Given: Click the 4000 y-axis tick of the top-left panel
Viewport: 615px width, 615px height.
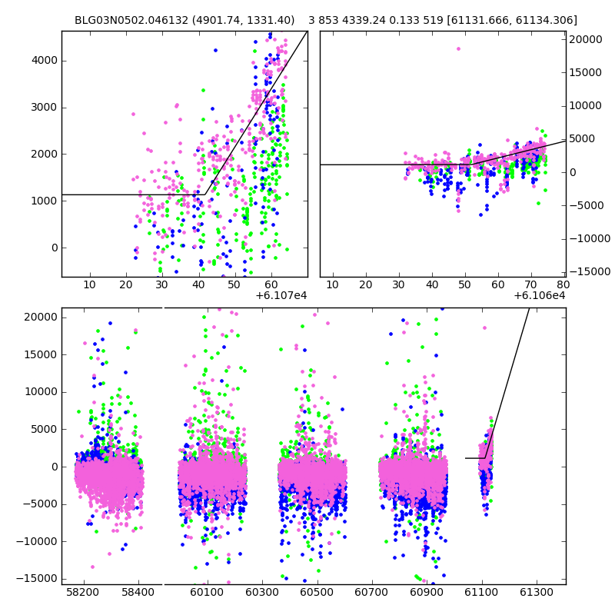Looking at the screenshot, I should [43, 60].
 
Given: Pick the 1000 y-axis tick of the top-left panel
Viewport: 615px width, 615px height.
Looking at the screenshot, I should [43, 201].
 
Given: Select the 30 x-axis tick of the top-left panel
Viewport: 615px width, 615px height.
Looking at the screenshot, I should [161, 285].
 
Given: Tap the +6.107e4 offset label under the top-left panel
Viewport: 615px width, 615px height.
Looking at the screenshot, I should [281, 295].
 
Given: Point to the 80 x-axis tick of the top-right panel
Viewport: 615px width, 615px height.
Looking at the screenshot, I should [563, 285].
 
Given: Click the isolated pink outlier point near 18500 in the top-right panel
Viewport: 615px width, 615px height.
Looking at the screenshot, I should [458, 48].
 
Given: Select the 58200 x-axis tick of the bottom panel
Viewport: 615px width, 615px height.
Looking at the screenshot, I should [83, 593].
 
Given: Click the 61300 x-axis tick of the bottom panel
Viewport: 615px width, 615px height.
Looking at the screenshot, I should [537, 593].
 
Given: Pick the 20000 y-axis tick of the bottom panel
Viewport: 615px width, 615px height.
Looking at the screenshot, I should [39, 317].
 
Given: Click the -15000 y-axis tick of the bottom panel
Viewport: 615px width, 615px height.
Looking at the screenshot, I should [37, 578].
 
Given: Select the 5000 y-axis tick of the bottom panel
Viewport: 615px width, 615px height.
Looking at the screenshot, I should [42, 429].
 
